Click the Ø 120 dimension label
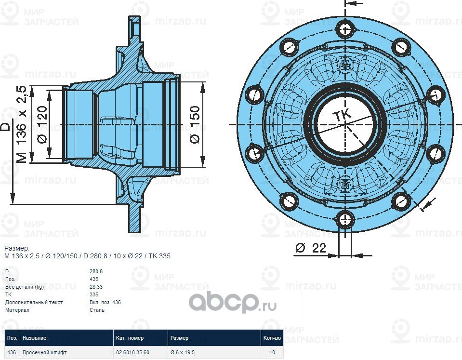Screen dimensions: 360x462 [x=41, y=124]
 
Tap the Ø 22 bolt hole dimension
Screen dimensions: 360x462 [x=311, y=248]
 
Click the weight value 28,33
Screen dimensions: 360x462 [x=96, y=287]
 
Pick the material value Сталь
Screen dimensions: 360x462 [x=97, y=310]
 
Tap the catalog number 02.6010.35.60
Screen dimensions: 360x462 [x=132, y=352]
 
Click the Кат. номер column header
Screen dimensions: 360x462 [x=130, y=338]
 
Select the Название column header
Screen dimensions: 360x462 [x=34, y=338]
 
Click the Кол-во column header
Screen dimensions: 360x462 [x=272, y=338]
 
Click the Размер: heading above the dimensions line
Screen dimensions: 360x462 [x=17, y=248]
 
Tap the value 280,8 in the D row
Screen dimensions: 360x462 [x=96, y=271]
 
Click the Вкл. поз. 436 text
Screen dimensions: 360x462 [x=105, y=302]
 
